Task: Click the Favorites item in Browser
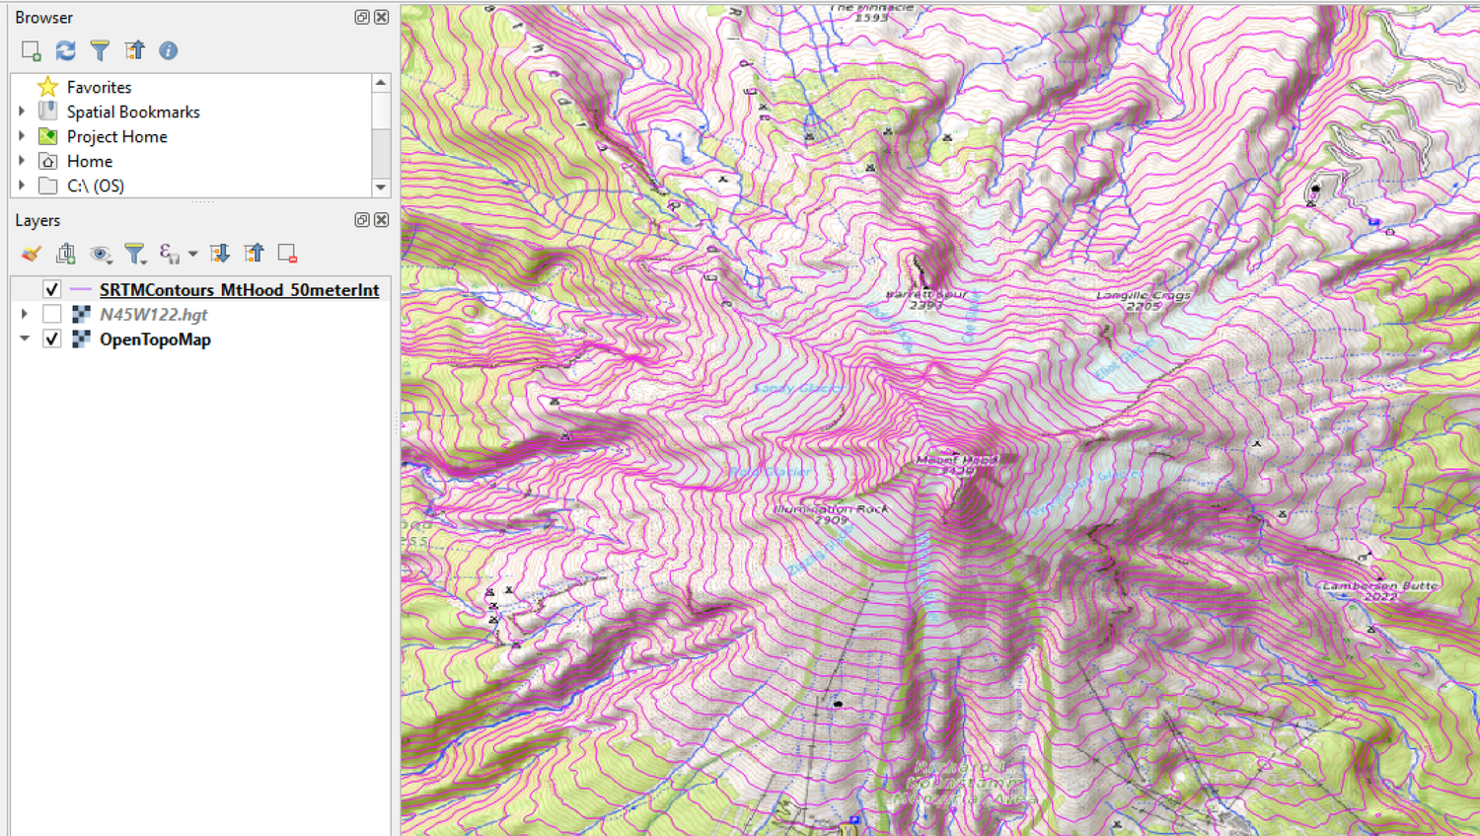[x=99, y=88]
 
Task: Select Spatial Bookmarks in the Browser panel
[x=132, y=113]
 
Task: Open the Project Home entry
[x=116, y=137]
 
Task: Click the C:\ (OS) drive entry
[x=95, y=186]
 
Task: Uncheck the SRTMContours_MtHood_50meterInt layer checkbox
[x=52, y=289]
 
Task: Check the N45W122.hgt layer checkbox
[x=52, y=314]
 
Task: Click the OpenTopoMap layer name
[x=155, y=340]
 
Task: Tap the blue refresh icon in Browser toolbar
[x=66, y=50]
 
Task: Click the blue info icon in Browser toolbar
[x=169, y=50]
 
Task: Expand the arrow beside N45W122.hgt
[x=25, y=314]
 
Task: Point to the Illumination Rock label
[x=831, y=509]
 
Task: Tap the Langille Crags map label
[x=1144, y=296]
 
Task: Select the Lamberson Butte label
[x=1380, y=586]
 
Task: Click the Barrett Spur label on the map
[x=925, y=295]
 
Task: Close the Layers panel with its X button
[x=382, y=220]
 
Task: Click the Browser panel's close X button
[x=382, y=17]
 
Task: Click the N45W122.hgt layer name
[x=153, y=315]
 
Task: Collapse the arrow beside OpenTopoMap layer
[x=25, y=339]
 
